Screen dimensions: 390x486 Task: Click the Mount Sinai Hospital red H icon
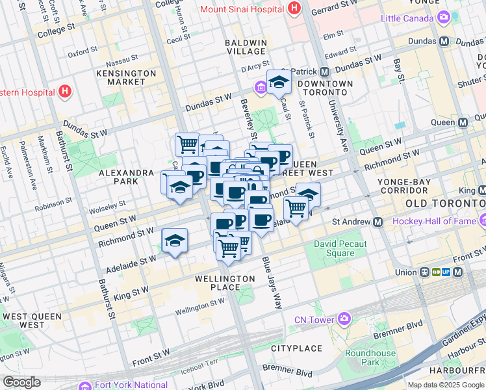(294, 8)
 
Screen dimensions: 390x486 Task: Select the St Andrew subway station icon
(377, 222)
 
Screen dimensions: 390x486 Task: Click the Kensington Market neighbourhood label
(126, 77)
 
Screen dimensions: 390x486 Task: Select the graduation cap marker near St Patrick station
(279, 83)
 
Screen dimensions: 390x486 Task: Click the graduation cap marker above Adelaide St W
(175, 241)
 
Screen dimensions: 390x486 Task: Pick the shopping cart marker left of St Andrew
(296, 209)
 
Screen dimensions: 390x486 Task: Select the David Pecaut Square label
(340, 248)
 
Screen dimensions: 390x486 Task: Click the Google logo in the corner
(21, 382)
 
